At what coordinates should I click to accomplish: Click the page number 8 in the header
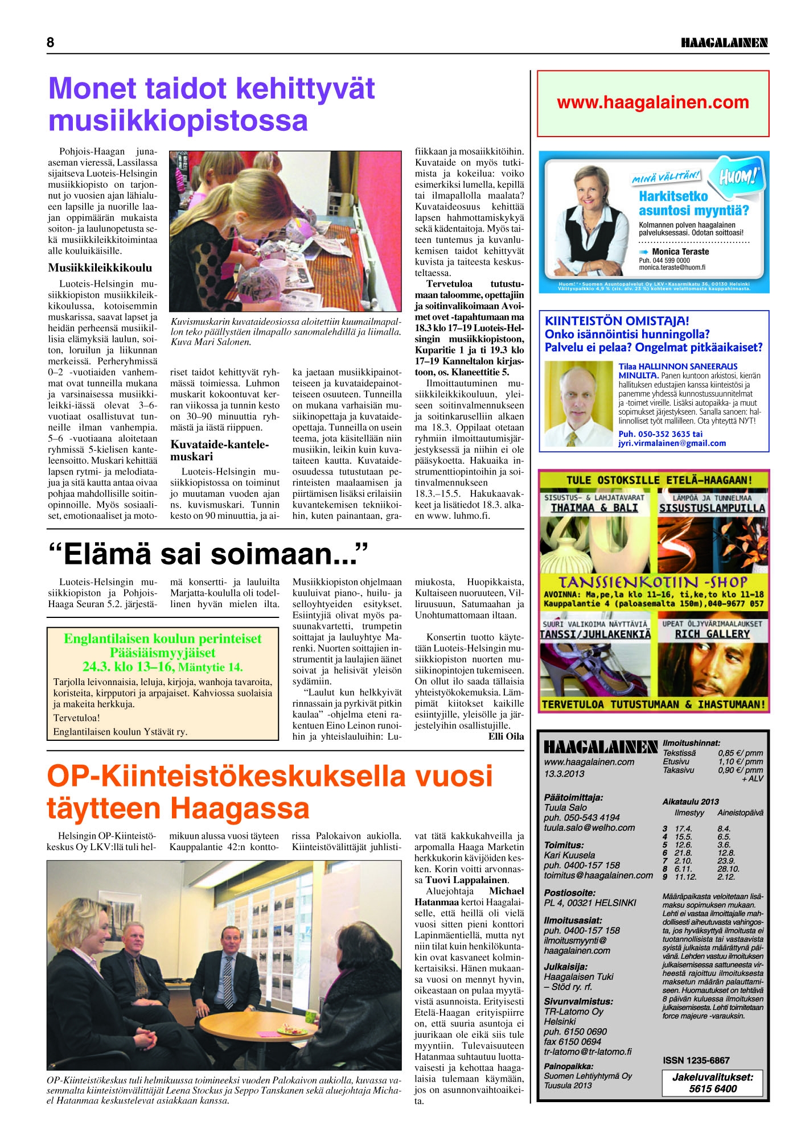tap(51, 43)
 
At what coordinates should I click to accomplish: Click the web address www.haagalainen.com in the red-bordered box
tap(653, 102)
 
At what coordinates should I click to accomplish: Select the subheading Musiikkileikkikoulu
tap(100, 267)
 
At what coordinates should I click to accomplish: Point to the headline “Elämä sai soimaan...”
tap(208, 554)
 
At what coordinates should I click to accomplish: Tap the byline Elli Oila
tap(506, 736)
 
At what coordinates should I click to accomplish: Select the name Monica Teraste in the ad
tap(680, 251)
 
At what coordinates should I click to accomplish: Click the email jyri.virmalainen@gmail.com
tap(672, 443)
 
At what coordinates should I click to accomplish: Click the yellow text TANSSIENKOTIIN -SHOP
tap(652, 582)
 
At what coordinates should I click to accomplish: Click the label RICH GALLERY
tap(712, 634)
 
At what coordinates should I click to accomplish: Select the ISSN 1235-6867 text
tap(696, 1060)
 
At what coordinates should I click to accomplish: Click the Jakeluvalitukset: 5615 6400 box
tap(712, 1083)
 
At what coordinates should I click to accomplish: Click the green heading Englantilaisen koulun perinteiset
tap(163, 638)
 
